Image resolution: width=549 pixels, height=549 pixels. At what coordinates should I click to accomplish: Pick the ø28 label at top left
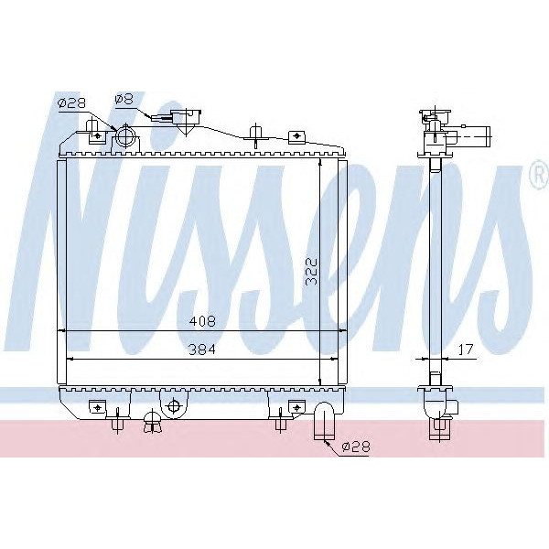[x=70, y=104]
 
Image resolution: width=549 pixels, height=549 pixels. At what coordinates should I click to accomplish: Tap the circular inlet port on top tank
[x=125, y=139]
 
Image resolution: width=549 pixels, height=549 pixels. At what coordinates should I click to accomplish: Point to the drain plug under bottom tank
[x=154, y=422]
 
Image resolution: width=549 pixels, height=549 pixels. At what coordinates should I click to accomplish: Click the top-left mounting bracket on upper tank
[x=96, y=134]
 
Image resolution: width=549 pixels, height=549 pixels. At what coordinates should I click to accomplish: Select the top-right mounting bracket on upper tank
[x=296, y=137]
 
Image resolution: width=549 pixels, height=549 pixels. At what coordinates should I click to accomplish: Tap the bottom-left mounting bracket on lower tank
[x=95, y=405]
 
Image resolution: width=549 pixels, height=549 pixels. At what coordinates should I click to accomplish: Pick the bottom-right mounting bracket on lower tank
[x=295, y=405]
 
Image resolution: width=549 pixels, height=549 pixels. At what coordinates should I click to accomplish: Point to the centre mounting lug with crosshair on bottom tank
[x=173, y=404]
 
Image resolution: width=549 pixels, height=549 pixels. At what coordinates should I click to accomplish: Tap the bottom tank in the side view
[x=437, y=403]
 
